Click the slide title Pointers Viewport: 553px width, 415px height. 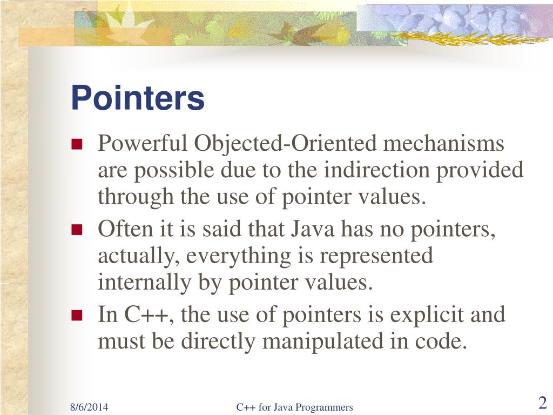138,98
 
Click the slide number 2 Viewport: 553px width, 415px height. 543,403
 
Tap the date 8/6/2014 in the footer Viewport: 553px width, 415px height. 89,407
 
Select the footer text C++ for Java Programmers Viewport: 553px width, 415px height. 294,407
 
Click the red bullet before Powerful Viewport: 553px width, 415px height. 76,145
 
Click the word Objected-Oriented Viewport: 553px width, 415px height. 286,144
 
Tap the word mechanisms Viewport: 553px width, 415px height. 444,144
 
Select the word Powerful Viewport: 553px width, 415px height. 144,144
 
